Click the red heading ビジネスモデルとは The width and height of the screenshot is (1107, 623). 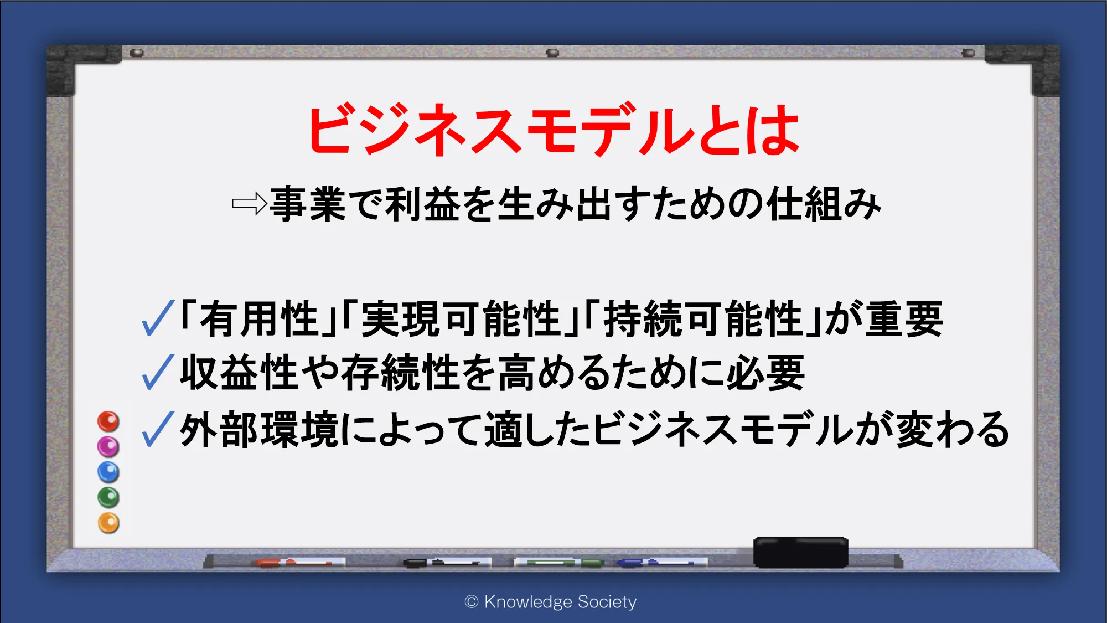click(553, 129)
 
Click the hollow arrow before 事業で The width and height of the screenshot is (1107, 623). click(250, 204)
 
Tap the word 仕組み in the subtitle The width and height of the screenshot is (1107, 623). click(824, 204)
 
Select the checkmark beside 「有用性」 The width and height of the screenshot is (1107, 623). click(158, 318)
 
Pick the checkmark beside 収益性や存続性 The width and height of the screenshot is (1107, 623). click(158, 372)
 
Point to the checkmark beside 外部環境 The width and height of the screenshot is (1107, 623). click(158, 429)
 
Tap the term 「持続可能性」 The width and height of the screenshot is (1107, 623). click(702, 319)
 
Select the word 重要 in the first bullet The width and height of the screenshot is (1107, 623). click(904, 319)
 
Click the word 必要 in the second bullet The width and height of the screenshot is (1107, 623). click(765, 373)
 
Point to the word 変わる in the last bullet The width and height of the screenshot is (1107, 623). click(953, 430)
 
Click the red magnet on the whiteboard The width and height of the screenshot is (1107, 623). click(108, 421)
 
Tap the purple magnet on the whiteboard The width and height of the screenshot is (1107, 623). click(108, 446)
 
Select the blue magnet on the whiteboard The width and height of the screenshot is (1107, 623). click(108, 472)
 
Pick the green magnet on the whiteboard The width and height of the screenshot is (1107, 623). click(108, 497)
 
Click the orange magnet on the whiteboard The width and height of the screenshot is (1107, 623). click(108, 523)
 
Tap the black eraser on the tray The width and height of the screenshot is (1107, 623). click(800, 552)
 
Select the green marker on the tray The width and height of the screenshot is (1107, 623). click(559, 563)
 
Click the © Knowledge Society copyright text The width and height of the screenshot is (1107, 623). click(551, 601)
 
